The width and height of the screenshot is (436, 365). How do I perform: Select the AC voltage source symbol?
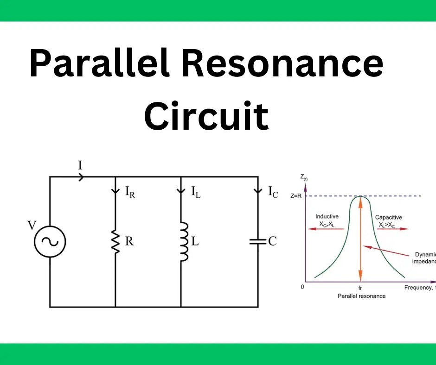point(50,241)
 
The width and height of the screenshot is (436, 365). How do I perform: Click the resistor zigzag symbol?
point(115,241)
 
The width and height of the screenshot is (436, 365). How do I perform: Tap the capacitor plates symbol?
point(257,241)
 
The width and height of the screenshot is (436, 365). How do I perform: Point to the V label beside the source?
point(32,226)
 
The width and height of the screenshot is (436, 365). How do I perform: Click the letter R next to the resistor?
point(130,241)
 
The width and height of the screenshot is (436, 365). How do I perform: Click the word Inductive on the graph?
point(327,216)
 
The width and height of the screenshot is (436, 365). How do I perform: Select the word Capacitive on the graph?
point(388,217)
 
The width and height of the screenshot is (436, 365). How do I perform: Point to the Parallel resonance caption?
point(361,296)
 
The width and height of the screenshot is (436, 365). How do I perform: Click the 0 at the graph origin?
point(302,287)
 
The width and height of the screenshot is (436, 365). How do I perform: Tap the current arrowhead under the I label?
point(81,176)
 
